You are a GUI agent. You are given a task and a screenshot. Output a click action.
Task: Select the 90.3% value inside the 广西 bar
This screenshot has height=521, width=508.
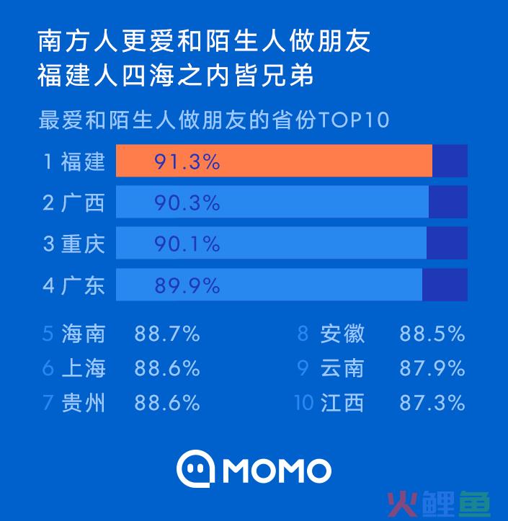[x=187, y=202]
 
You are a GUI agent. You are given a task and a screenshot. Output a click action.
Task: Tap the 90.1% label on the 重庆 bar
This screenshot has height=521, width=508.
[x=187, y=244]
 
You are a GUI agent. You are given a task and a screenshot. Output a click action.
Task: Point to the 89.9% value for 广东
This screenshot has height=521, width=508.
[x=187, y=285]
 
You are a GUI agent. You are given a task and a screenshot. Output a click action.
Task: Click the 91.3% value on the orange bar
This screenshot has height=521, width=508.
[x=187, y=161]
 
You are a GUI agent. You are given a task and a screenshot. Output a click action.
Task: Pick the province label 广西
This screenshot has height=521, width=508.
[x=83, y=202]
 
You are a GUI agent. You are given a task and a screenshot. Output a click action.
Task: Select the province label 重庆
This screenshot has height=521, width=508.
[x=83, y=244]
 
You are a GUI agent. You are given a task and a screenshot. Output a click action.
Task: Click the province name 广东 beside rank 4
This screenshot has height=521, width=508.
[x=83, y=285]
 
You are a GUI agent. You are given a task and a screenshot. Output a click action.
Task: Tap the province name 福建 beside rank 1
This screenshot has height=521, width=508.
[x=83, y=161]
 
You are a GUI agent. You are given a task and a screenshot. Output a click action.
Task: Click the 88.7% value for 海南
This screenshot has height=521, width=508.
[x=166, y=334]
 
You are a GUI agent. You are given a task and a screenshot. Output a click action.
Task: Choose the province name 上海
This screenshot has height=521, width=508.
[x=83, y=368]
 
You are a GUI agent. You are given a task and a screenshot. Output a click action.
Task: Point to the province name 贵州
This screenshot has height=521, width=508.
[x=83, y=402]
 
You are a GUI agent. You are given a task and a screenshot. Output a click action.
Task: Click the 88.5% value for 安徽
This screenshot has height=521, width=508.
[x=432, y=334]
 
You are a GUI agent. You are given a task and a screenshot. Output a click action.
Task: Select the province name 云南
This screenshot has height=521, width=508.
[x=342, y=368]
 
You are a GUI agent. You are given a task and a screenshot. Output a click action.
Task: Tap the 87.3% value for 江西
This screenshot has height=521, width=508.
[x=432, y=402]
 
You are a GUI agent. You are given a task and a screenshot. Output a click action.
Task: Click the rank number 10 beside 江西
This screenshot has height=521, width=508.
[x=304, y=402]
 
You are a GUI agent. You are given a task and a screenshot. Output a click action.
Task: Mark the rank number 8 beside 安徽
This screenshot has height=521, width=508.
[x=303, y=334]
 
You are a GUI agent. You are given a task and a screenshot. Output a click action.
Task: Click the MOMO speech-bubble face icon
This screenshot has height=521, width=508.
[x=195, y=470]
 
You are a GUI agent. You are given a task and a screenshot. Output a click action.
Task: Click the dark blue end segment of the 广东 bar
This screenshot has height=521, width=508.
[x=445, y=285]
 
